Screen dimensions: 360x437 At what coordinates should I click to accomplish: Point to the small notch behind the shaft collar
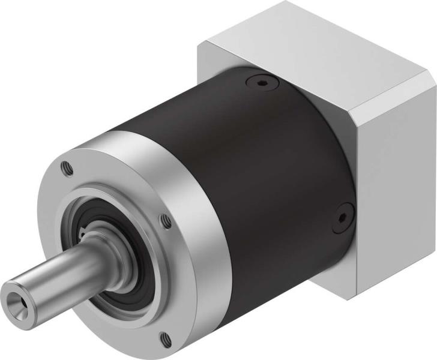coord(85,230)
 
